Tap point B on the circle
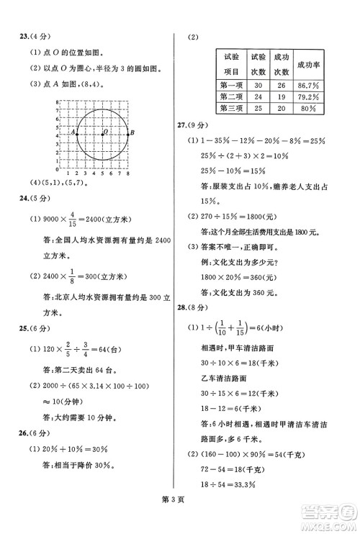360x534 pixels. click(129, 134)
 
